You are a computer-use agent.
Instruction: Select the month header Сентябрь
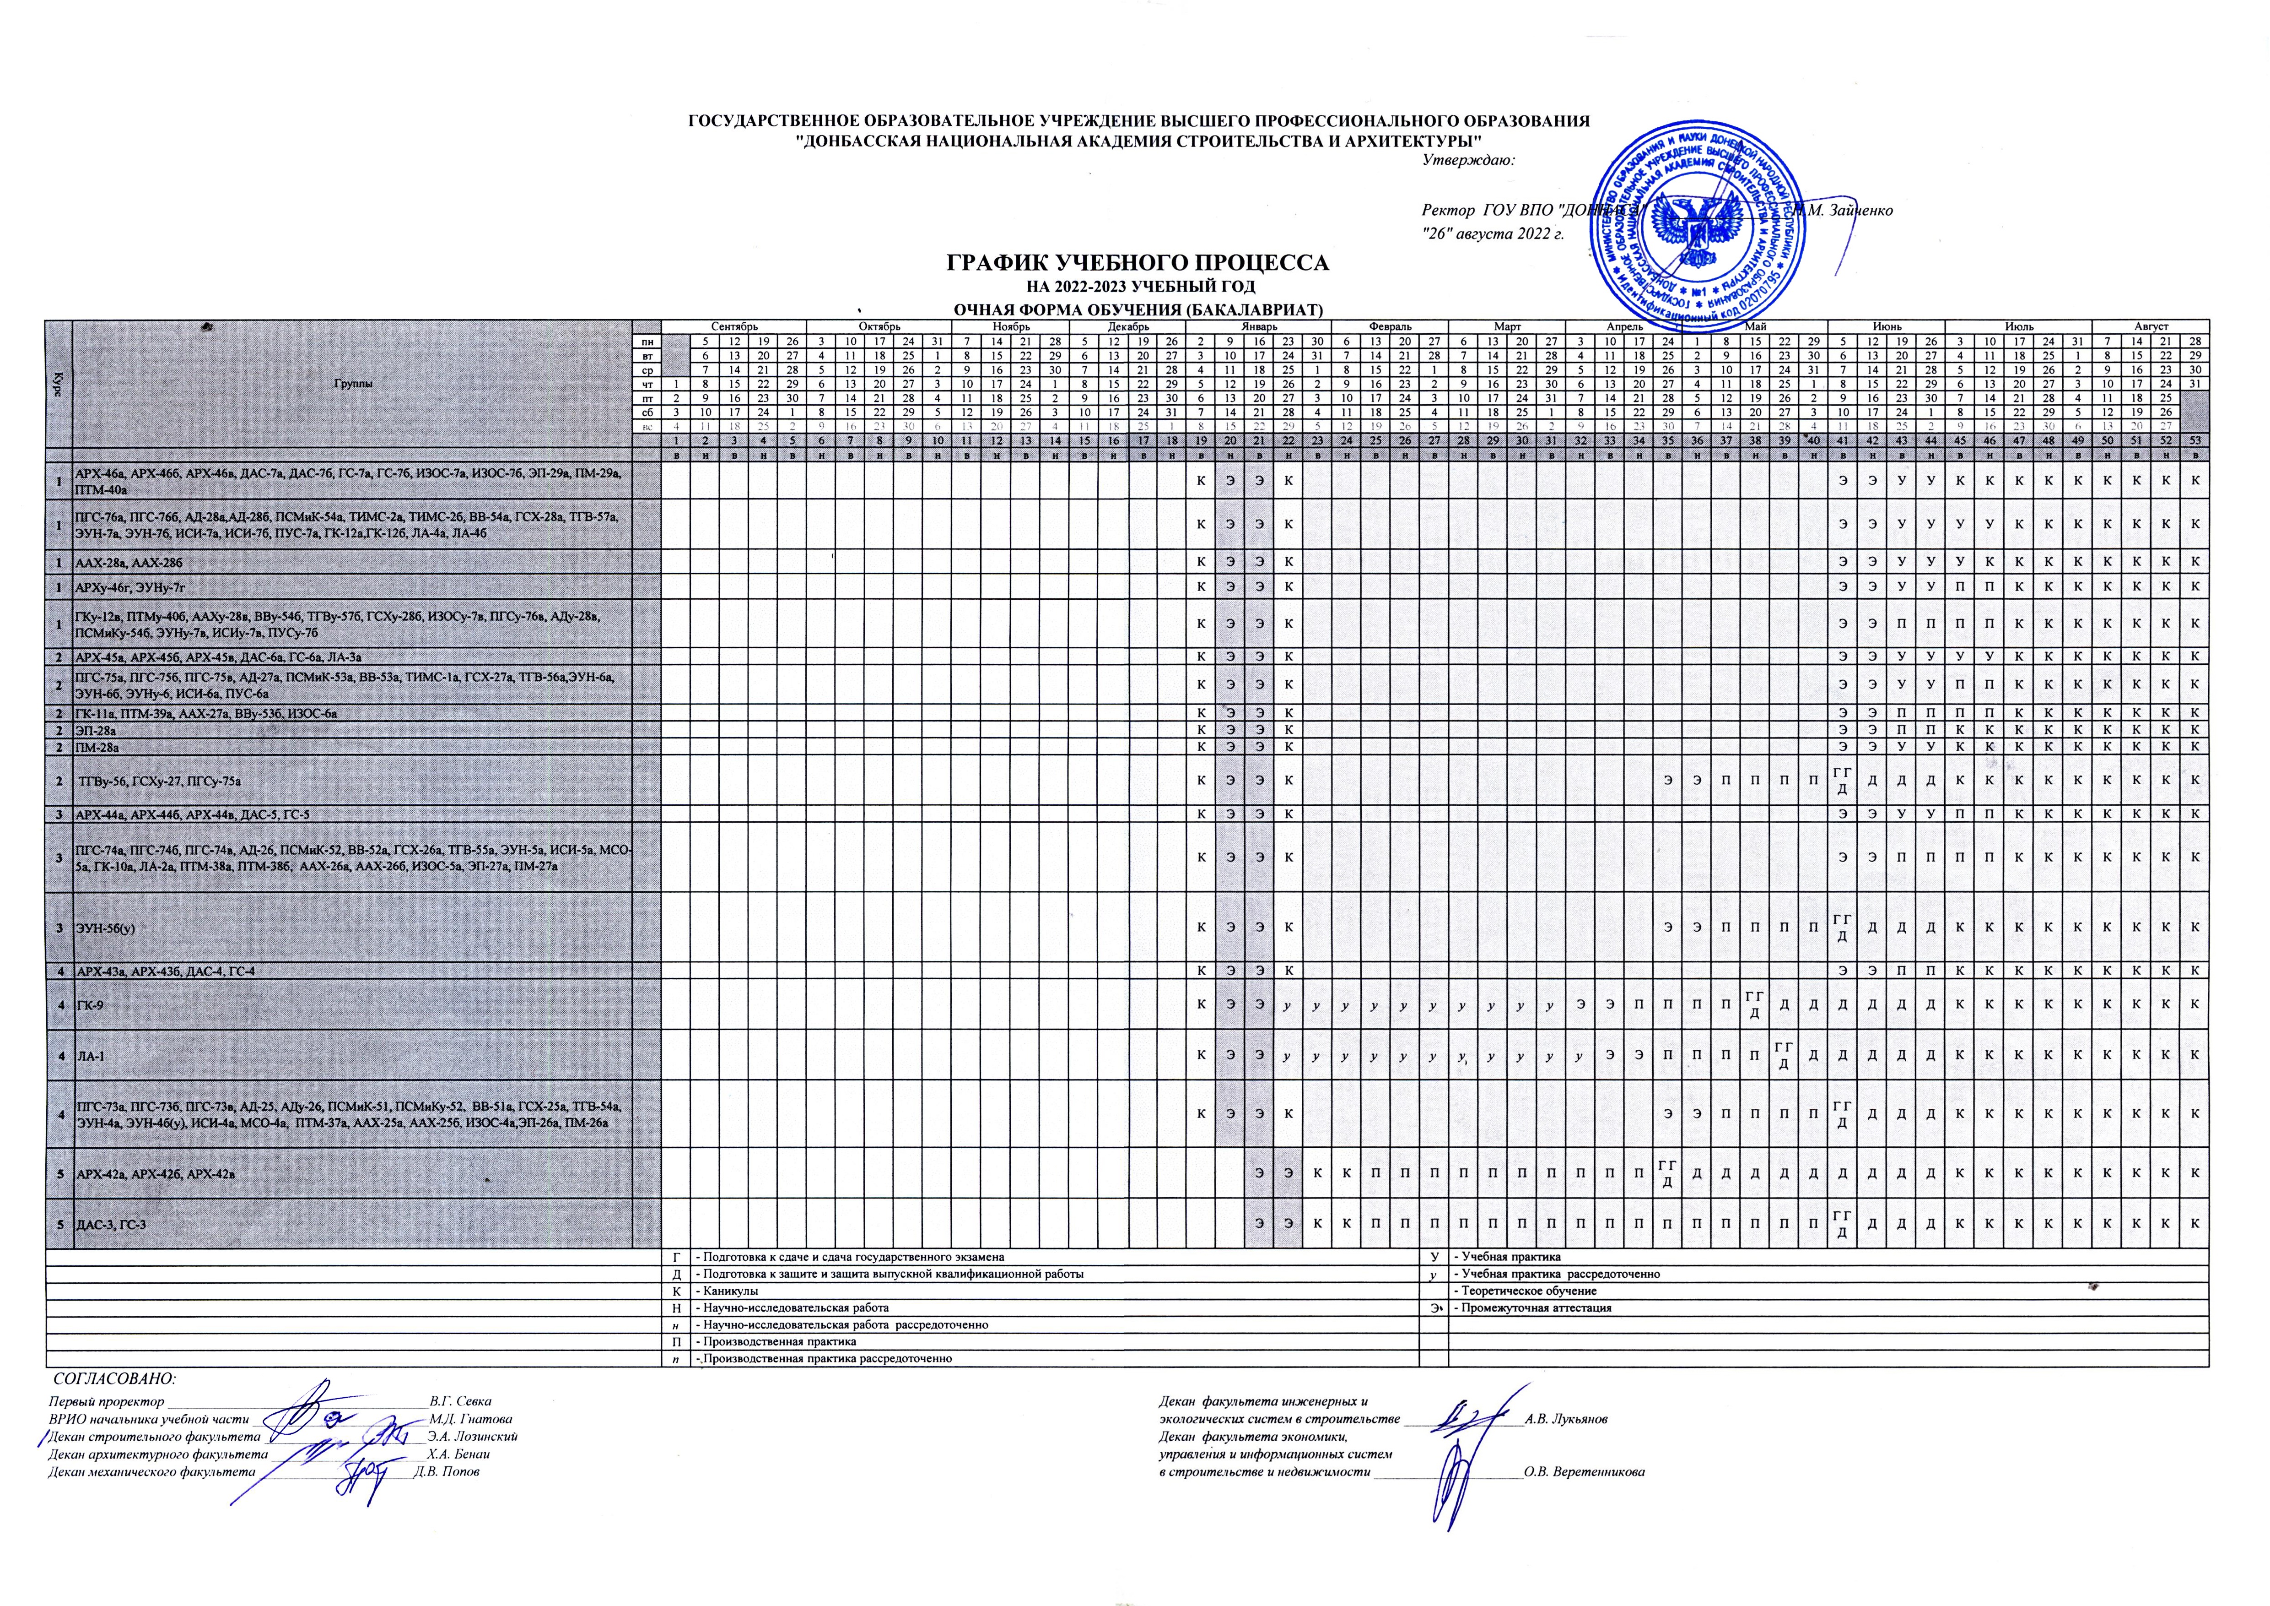click(x=733, y=326)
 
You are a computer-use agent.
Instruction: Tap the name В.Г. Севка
click(x=460, y=1402)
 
